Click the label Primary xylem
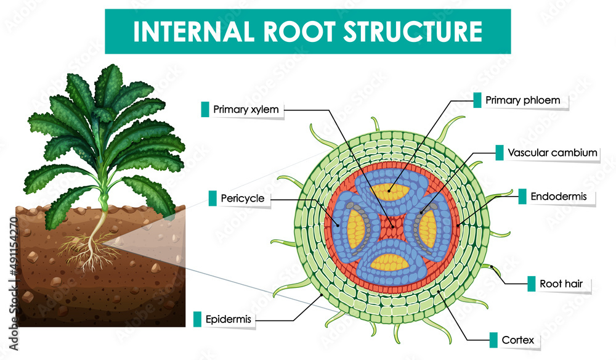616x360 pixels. coord(246,110)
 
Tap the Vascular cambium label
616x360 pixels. coord(553,152)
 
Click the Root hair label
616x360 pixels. coord(556,284)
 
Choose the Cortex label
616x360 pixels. coord(513,339)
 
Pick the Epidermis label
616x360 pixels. coord(229,319)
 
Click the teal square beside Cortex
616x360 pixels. coord(493,339)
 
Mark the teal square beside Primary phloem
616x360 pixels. coord(477,100)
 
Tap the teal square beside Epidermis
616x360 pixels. coord(197,319)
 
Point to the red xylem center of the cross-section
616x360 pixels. coord(391,227)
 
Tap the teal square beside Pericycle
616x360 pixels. coord(213,198)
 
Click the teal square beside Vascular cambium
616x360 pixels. coord(500,152)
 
